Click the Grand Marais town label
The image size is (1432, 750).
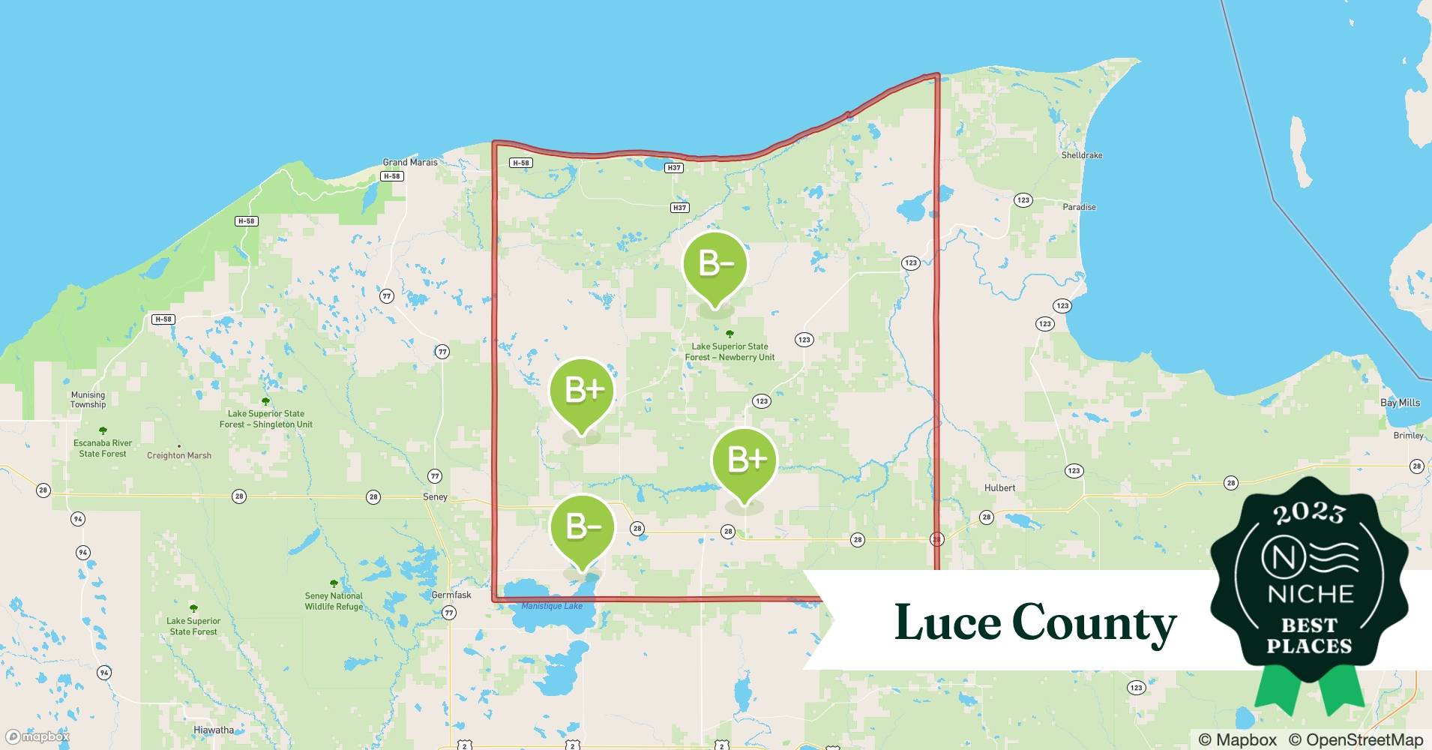pyautogui.click(x=410, y=162)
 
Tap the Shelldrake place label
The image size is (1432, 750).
pyautogui.click(x=1082, y=155)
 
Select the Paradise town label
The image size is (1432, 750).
pyautogui.click(x=1079, y=207)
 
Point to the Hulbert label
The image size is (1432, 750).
pyautogui.click(x=999, y=487)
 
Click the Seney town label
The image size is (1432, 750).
pyautogui.click(x=435, y=496)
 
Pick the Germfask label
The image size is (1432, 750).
pyautogui.click(x=451, y=595)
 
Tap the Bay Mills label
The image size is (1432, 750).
pyautogui.click(x=1400, y=403)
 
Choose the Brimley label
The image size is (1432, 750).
pyautogui.click(x=1408, y=436)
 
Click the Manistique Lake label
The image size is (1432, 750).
pyautogui.click(x=552, y=606)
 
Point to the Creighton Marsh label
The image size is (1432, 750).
pyautogui.click(x=179, y=455)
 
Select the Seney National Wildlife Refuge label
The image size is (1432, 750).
pyautogui.click(x=334, y=601)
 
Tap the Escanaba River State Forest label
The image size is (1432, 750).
pyautogui.click(x=103, y=448)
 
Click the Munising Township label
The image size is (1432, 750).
pyautogui.click(x=88, y=400)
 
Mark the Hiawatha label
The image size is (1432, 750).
pyautogui.click(x=214, y=730)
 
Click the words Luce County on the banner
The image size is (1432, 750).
pyautogui.click(x=1035, y=622)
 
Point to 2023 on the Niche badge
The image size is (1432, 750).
pyautogui.click(x=1308, y=513)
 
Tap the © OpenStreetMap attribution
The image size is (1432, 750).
pyautogui.click(x=1356, y=739)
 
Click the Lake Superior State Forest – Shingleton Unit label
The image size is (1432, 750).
pyautogui.click(x=266, y=418)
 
